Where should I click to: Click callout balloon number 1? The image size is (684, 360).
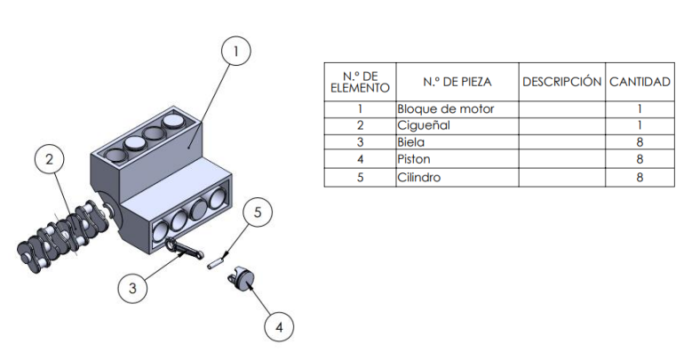(235, 52)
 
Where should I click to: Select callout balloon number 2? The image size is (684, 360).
(50, 160)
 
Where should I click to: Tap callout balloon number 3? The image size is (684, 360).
(132, 287)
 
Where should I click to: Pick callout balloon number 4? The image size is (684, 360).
(279, 326)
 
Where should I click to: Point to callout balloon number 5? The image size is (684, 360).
(258, 213)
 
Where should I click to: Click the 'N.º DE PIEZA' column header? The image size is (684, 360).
(457, 82)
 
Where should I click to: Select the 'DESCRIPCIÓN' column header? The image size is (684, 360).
(561, 82)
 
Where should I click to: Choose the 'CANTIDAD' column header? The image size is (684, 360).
(639, 82)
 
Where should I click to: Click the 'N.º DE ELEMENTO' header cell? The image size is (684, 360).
(360, 82)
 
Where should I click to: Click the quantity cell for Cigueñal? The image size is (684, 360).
(639, 126)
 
